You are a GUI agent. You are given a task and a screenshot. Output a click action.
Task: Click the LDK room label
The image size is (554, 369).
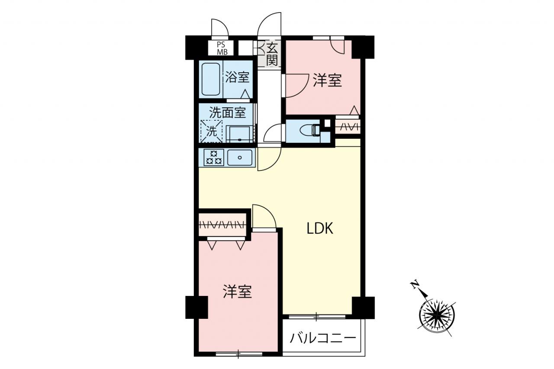click(x=320, y=228)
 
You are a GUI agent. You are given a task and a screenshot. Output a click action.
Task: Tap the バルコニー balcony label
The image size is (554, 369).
click(x=323, y=338)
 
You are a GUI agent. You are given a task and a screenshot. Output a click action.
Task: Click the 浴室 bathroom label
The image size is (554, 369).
click(x=237, y=77)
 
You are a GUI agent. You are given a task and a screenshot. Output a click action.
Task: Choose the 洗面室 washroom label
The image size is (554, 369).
click(x=228, y=112)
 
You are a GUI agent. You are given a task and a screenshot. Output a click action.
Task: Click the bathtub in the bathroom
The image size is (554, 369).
click(x=211, y=79)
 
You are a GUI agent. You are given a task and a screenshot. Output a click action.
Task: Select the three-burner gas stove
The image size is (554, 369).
click(x=214, y=157)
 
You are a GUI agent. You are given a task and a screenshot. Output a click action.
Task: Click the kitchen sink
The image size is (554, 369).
click(x=240, y=157)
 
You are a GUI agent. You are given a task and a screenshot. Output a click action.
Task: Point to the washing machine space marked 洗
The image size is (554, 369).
click(x=211, y=131)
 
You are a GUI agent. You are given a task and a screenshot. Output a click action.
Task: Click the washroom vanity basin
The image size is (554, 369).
click(x=240, y=134)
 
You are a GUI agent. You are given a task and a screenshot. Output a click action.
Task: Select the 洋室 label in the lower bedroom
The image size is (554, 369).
click(x=237, y=292)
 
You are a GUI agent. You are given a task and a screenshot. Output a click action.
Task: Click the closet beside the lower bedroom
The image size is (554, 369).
click(x=222, y=225)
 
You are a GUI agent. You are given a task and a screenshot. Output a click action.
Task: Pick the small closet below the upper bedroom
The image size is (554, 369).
click(x=348, y=127)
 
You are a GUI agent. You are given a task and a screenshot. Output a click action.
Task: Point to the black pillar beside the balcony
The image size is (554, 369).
click(x=363, y=308)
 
